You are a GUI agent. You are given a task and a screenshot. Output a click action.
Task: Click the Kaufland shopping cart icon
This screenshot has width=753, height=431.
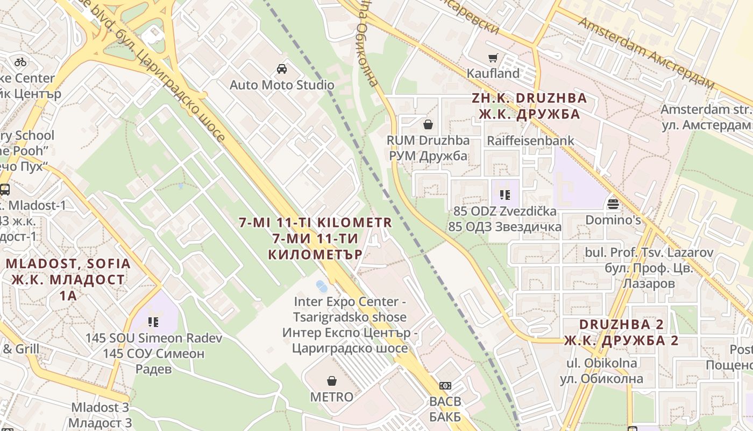493,58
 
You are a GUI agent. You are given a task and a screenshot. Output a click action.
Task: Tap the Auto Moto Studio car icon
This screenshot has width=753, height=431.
281,69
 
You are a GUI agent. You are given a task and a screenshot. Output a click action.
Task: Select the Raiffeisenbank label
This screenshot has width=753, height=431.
530,141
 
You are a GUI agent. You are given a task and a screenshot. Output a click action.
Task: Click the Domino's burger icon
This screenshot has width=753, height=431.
613,204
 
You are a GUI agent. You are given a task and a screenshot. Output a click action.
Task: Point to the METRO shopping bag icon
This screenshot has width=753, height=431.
332,381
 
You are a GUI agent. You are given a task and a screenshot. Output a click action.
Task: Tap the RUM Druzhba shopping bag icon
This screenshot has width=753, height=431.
428,125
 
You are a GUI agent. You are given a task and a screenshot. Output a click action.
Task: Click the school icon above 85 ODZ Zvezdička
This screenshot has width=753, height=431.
505,194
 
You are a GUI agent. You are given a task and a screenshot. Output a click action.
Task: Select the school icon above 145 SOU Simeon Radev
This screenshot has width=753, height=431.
153,322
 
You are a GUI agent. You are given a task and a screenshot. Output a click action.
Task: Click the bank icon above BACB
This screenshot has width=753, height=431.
445,386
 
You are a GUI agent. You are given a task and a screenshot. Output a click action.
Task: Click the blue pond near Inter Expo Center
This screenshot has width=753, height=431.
322,286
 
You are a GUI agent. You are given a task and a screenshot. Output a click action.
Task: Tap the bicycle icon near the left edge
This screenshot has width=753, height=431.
20,62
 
